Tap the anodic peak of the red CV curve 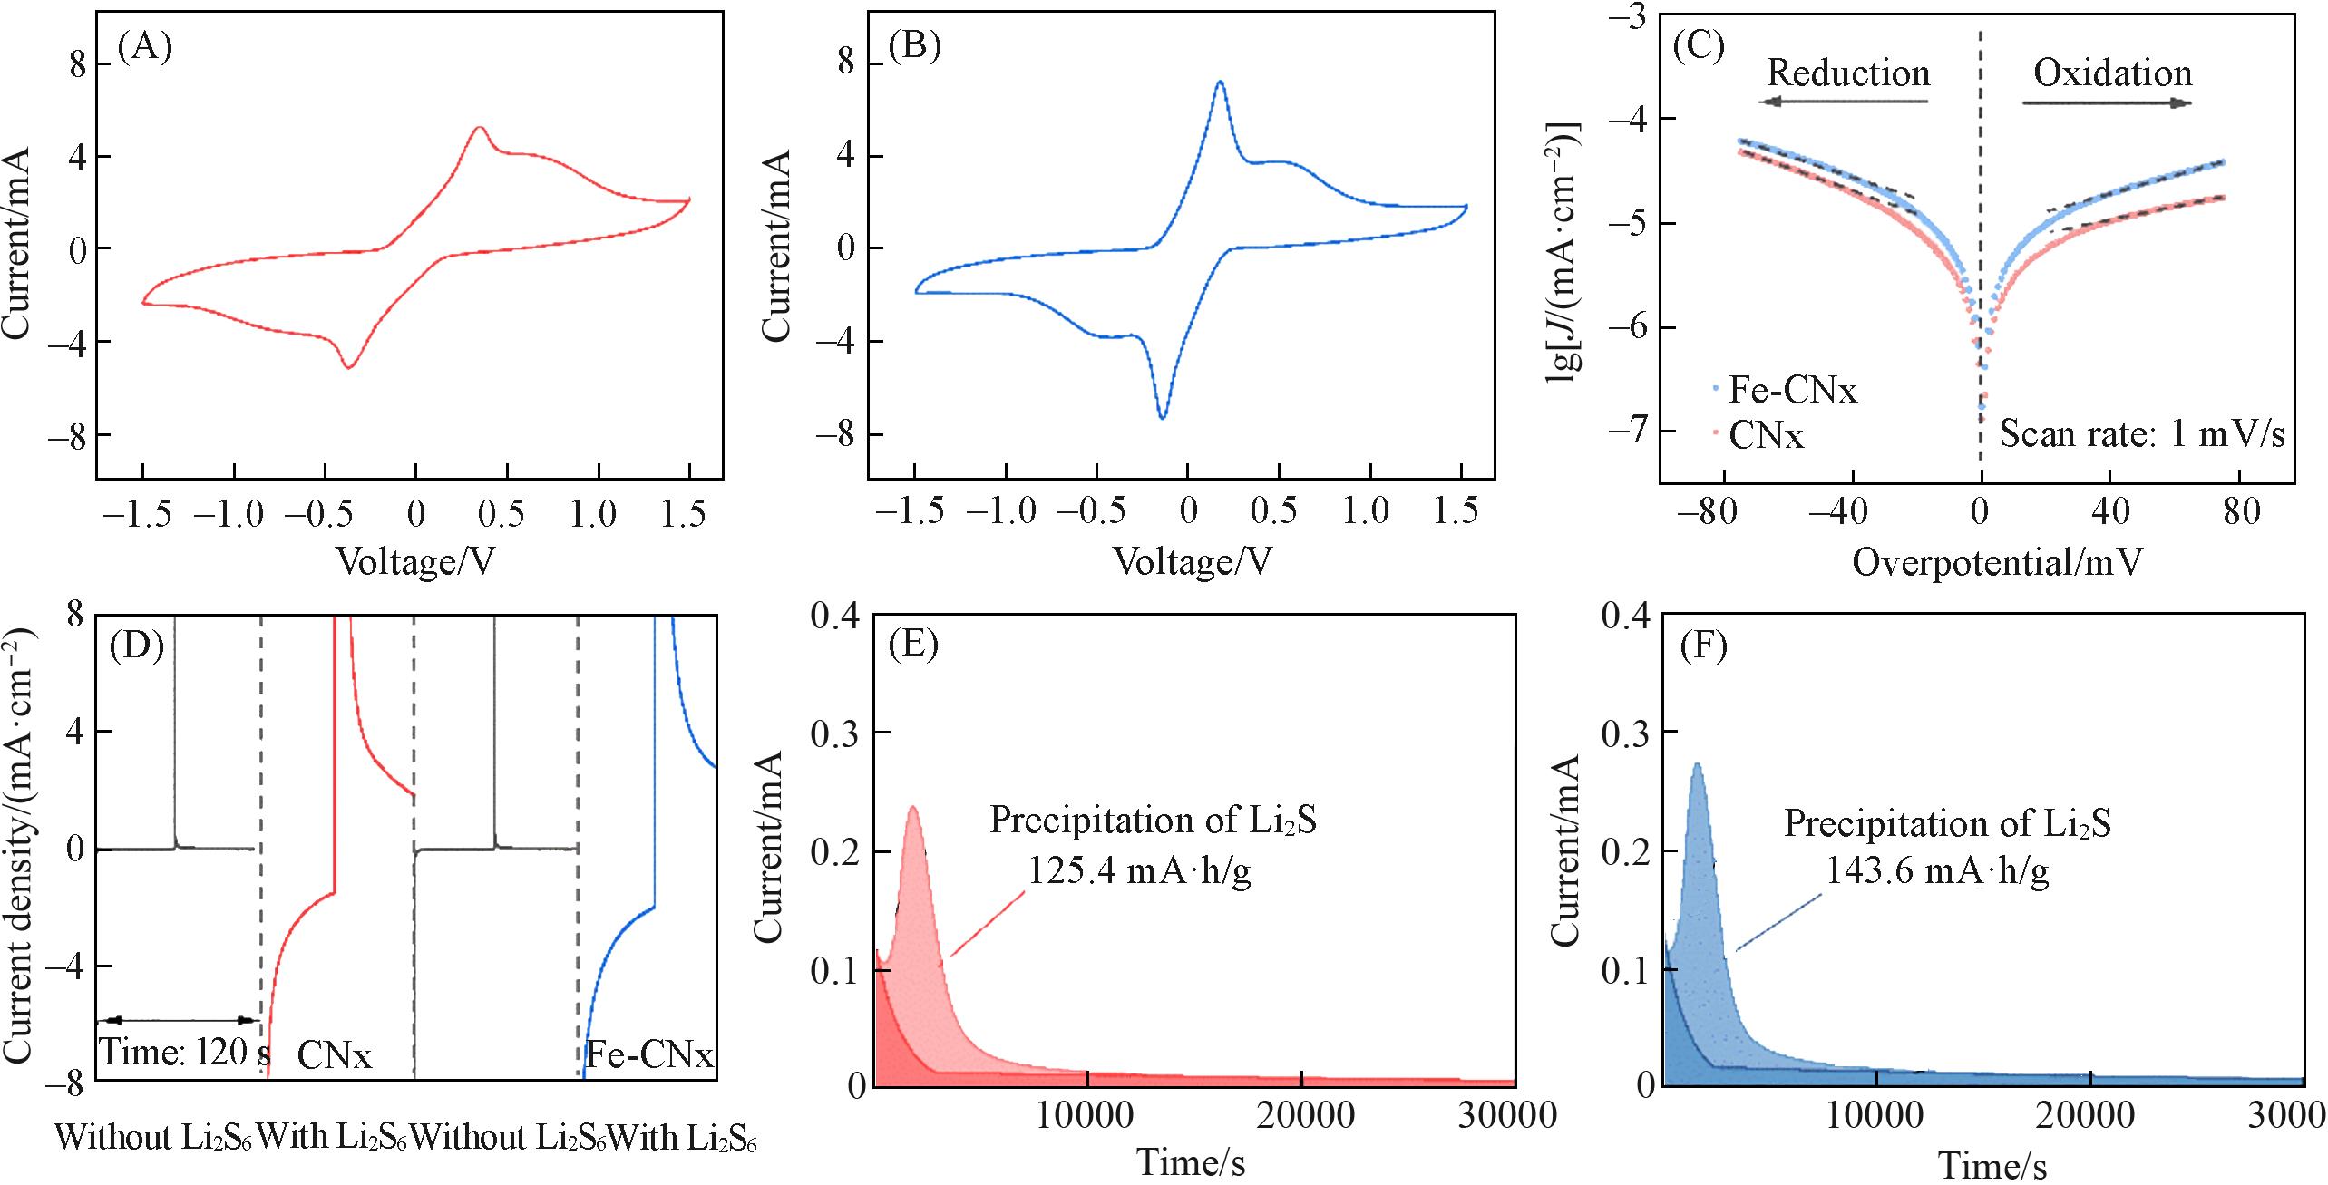(x=479, y=129)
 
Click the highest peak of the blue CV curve (x=1221, y=83)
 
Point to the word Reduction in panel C (x=1848, y=73)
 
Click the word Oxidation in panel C (x=2112, y=73)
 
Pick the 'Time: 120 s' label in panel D (x=184, y=1052)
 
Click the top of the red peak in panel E (x=913, y=808)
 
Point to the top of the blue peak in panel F (x=1697, y=764)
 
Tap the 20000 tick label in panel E (x=1301, y=1115)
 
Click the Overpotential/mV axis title (x=1996, y=563)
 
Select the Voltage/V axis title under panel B (x=1192, y=563)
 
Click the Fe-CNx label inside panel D (x=649, y=1055)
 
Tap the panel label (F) (x=1703, y=646)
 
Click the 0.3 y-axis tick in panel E (x=835, y=733)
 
